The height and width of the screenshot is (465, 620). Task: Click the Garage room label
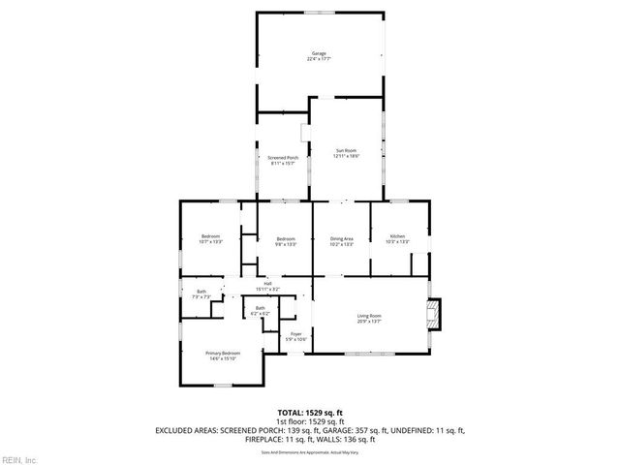(318, 52)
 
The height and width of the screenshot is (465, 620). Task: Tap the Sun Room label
(346, 150)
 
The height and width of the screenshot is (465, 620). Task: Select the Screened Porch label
(283, 158)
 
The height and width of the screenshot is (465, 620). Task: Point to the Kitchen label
(397, 236)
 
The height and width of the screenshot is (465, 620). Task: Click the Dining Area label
(341, 236)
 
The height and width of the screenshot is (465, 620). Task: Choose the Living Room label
(369, 316)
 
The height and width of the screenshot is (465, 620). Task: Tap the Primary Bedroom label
(222, 353)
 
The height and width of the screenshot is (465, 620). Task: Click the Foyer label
(296, 335)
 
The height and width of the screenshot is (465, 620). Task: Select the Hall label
(267, 283)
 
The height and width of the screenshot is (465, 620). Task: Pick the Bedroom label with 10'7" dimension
(211, 236)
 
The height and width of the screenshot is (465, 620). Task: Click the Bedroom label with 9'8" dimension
(285, 239)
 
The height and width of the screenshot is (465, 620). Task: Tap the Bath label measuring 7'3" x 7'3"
(201, 292)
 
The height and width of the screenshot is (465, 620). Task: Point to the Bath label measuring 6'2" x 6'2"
(261, 308)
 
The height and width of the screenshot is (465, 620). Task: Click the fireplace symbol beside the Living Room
(434, 313)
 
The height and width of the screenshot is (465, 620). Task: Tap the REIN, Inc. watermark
(19, 459)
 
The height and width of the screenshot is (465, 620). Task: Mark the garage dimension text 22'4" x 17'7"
(318, 59)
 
